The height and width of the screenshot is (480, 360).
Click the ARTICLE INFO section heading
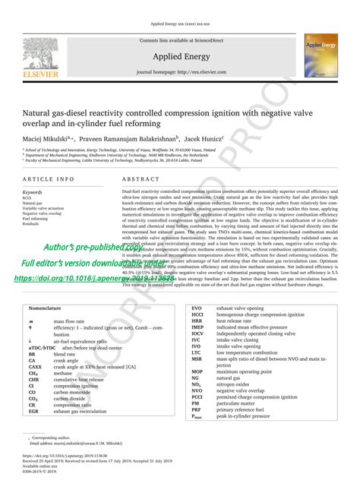49,179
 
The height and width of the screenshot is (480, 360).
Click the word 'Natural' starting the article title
40,109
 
